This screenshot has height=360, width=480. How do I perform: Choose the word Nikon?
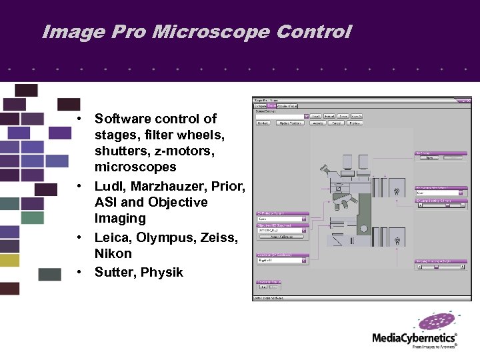click(113, 254)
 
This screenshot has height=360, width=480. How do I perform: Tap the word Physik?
click(162, 272)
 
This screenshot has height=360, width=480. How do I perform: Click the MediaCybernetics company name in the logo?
click(414, 338)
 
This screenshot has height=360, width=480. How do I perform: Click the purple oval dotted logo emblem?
click(437, 322)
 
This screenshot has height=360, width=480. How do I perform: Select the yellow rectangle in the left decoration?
click(9, 260)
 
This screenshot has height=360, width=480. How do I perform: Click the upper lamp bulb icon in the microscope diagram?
click(397, 192)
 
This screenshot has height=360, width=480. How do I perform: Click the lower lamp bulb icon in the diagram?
click(397, 241)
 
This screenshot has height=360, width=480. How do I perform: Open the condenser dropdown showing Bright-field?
click(282, 261)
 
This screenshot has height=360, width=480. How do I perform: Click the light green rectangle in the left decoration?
click(32, 217)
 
